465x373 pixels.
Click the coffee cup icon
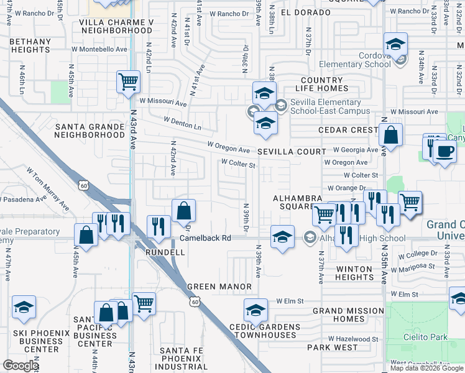[x=444, y=151]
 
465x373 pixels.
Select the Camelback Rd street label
[x=205, y=238]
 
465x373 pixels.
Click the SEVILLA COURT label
[x=292, y=152]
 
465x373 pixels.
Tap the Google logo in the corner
[x=21, y=366]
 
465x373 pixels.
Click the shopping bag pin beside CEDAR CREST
[x=390, y=135]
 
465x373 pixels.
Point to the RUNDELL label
[x=165, y=253]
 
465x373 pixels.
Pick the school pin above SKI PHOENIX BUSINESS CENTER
[x=24, y=307]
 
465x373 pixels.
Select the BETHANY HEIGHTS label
[x=30, y=45]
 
